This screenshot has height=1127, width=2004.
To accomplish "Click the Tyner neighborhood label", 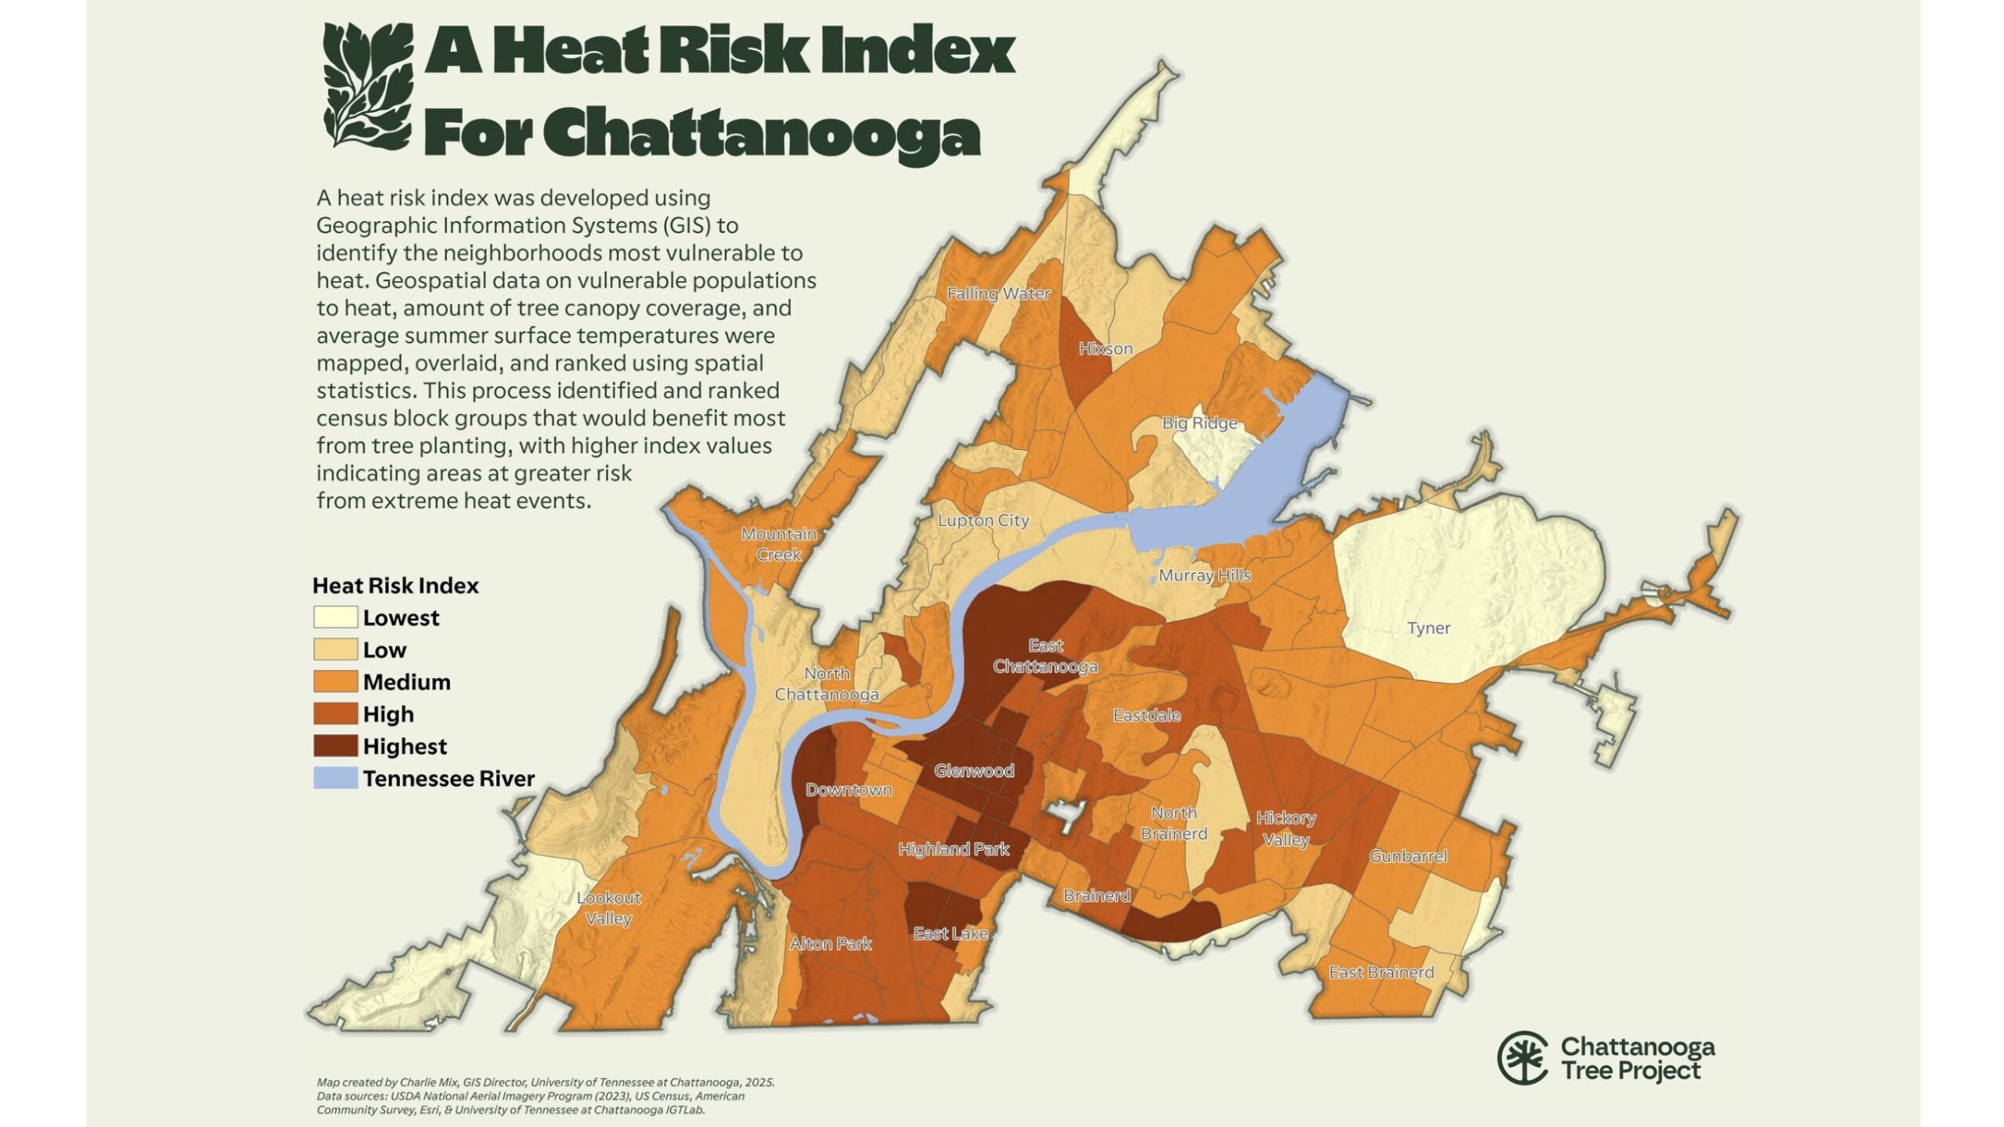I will tap(1429, 628).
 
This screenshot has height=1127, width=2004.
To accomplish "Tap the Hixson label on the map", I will tap(1105, 349).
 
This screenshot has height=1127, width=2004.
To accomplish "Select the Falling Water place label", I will tap(998, 294).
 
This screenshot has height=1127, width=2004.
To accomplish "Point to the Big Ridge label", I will tap(1199, 423).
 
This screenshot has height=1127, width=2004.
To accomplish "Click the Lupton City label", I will tap(983, 520).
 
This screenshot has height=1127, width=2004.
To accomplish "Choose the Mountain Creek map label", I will tap(779, 544).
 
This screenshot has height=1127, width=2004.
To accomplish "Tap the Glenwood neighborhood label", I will tap(974, 771).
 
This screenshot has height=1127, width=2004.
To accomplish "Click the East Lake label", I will tap(950, 934).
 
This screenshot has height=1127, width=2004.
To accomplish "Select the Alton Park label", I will tap(831, 944).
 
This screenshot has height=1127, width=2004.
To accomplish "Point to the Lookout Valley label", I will tap(608, 908).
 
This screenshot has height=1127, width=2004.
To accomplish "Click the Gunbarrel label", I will tap(1407, 856).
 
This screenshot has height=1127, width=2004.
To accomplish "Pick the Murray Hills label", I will tap(1205, 576).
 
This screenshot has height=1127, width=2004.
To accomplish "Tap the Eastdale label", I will tap(1147, 715).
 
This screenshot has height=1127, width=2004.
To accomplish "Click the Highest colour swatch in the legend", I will tap(335, 746).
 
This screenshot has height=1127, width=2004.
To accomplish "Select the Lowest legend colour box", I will tap(335, 618).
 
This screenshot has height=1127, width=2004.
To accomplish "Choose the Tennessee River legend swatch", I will tap(335, 778).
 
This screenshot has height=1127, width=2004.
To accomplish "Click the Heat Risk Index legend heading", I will tap(395, 585).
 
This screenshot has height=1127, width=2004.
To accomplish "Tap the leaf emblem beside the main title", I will tap(367, 85).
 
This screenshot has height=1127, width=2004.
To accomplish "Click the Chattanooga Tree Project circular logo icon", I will tap(1522, 1058).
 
